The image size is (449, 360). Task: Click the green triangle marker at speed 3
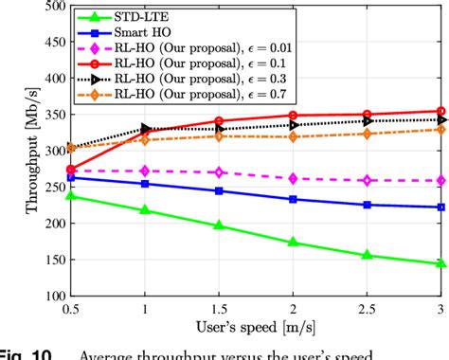click(440, 263)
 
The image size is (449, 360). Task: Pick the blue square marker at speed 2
click(294, 199)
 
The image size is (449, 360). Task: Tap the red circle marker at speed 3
click(440, 112)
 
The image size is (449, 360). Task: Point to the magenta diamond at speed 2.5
click(368, 180)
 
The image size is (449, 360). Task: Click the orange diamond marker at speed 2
click(294, 137)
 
